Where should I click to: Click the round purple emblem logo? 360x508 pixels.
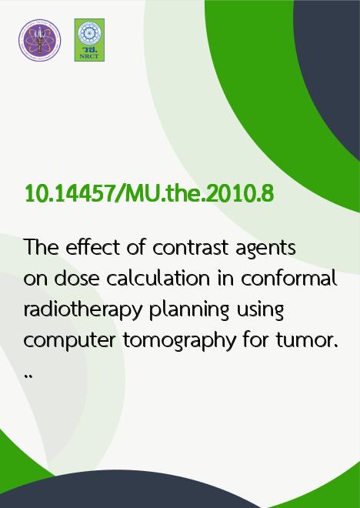39,40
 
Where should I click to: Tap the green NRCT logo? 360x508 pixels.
89,40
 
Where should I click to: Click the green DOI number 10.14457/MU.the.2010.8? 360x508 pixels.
149,194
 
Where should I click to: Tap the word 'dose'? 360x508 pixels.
77,278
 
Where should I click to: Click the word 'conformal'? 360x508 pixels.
288,278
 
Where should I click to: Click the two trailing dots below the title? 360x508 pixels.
28,376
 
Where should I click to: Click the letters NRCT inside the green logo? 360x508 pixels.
89,56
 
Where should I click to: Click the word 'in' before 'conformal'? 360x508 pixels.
225,278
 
